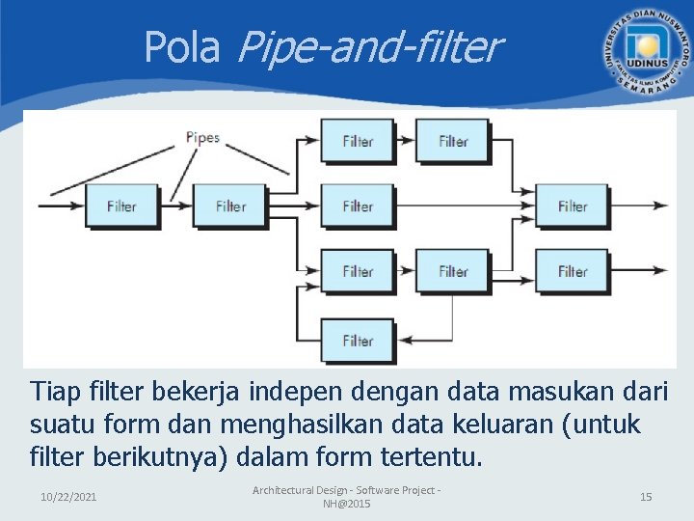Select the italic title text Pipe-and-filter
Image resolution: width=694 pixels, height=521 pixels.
click(367, 46)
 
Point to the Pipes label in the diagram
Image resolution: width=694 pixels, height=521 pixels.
click(202, 137)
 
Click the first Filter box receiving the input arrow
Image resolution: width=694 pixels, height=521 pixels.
click(121, 206)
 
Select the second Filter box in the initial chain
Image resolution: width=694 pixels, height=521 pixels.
click(230, 206)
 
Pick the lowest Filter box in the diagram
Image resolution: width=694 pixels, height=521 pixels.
click(357, 341)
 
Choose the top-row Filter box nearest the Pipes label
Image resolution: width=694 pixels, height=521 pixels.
click(357, 141)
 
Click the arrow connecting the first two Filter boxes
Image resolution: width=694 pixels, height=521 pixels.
click(175, 206)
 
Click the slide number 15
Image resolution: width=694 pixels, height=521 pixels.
click(646, 496)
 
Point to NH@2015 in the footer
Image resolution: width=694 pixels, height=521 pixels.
click(346, 504)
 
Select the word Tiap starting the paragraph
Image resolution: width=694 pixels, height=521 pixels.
click(55, 393)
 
